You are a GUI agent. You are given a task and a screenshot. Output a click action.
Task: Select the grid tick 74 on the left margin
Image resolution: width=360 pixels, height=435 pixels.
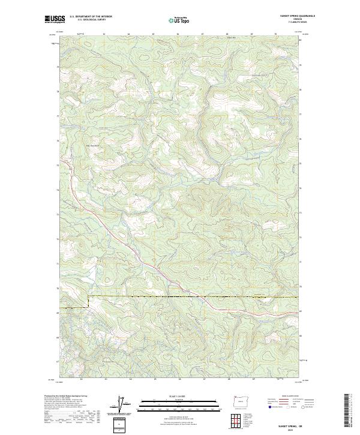click(x=59, y=189)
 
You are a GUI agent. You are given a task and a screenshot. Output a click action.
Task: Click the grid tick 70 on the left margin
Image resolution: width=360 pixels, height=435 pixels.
click(x=59, y=288)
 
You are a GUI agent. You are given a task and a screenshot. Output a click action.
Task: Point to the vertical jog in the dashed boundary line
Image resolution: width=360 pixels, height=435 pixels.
click(x=89, y=302)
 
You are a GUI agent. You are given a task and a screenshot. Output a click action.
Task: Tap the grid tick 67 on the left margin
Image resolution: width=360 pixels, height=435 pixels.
click(x=59, y=362)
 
